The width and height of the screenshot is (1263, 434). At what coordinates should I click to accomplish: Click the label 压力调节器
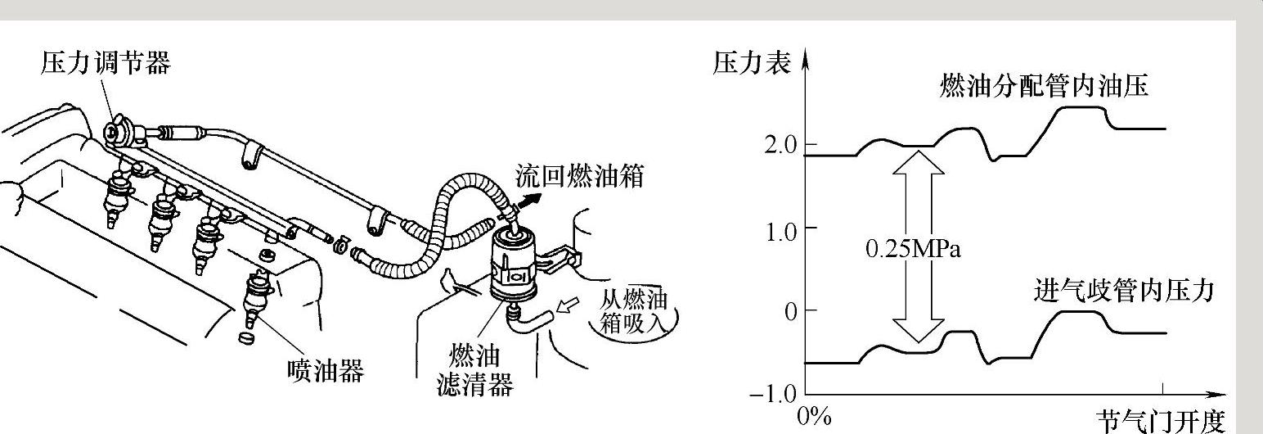pos(106,63)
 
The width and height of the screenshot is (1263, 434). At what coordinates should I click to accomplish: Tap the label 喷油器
pos(326,369)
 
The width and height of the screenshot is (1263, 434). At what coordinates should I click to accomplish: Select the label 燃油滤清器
pos(474,369)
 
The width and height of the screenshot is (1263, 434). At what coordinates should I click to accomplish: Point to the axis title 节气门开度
pos(1161,421)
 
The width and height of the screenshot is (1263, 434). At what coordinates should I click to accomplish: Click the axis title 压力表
pos(752,63)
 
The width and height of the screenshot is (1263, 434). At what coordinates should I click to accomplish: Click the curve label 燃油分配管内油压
pos(1044,86)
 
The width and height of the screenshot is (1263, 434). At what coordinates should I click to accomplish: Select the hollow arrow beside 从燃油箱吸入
pos(568,308)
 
